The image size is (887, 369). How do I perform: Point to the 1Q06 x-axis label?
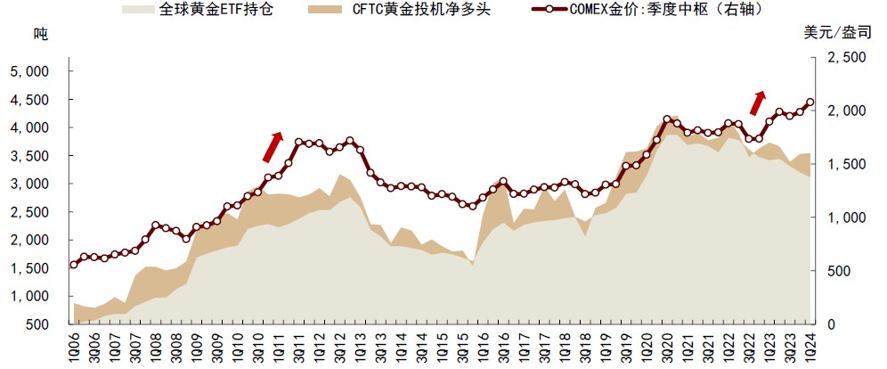[74, 348]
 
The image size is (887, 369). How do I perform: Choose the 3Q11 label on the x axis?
[299, 348]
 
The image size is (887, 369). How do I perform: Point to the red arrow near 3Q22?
[757, 102]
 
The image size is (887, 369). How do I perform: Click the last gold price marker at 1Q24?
[810, 102]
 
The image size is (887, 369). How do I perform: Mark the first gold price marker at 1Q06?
[74, 264]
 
